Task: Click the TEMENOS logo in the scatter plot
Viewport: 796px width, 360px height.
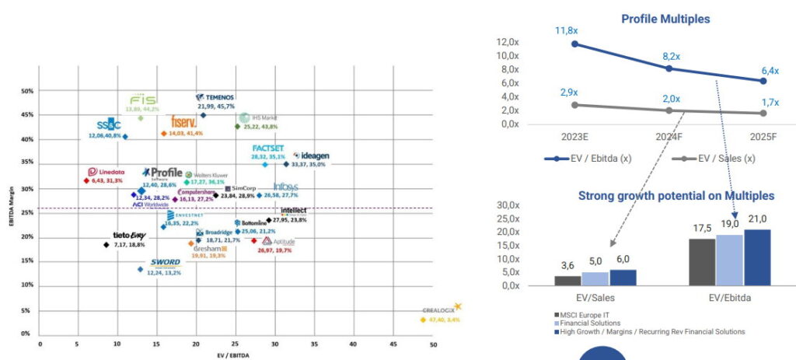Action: (215, 97)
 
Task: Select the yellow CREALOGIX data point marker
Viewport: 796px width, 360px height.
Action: (423, 320)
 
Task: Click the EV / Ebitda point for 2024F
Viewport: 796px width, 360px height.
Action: (669, 68)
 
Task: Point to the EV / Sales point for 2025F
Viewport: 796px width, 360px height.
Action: (763, 113)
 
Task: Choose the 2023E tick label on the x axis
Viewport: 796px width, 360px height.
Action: (574, 138)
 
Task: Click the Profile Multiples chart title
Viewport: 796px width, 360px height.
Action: (665, 18)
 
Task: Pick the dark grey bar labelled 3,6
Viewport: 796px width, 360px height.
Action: (567, 280)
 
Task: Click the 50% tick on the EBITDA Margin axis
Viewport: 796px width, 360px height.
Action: (26, 91)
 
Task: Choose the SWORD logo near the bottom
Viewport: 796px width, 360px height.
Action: (166, 263)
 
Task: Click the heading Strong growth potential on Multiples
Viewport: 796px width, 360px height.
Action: (676, 195)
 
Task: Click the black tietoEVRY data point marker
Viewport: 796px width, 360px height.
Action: (106, 245)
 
